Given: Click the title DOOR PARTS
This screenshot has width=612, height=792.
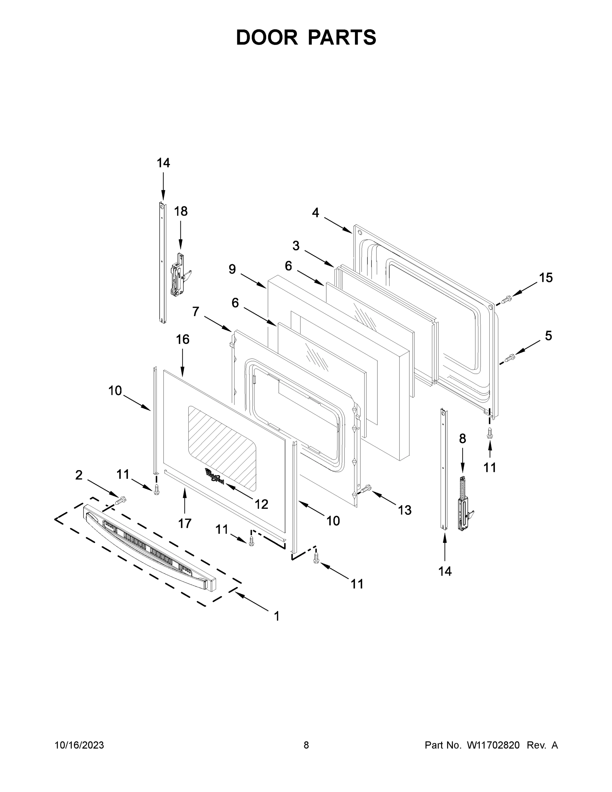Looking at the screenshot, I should (306, 37).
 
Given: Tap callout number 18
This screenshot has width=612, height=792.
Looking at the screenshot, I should (181, 211).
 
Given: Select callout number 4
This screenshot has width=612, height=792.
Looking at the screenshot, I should (315, 213).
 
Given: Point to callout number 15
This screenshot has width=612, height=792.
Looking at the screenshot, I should (546, 278).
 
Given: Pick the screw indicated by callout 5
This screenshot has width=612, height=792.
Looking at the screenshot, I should (509, 358).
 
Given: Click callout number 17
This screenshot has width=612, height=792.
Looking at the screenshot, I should (184, 523).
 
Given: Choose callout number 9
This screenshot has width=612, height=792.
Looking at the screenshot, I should (232, 269).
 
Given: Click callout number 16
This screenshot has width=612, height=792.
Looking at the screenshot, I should (182, 340).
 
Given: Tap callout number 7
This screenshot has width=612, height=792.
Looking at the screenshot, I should (196, 311).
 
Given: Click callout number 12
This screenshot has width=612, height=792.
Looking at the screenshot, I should (261, 504).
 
